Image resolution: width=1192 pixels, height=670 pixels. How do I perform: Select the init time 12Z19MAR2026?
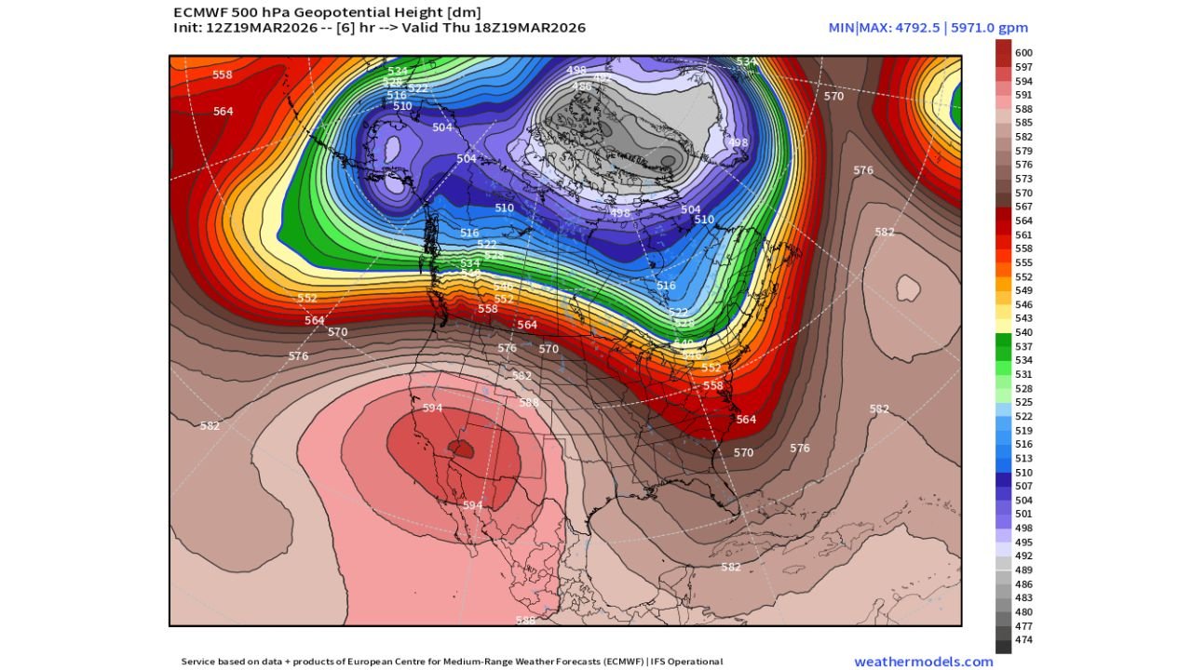click(x=254, y=28)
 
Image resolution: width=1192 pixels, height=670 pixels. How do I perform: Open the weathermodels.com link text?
click(x=923, y=662)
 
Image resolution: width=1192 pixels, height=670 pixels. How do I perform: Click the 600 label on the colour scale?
click(x=1023, y=53)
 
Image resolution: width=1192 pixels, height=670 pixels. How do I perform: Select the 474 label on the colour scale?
click(x=1023, y=640)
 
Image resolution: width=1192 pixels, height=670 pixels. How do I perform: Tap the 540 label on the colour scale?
click(x=1023, y=332)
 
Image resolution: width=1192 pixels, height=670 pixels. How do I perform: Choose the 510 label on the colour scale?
click(x=1023, y=473)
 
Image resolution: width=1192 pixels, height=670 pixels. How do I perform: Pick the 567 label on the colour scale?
click(x=1023, y=207)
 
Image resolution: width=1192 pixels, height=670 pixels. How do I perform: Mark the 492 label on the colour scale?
click(x=1023, y=556)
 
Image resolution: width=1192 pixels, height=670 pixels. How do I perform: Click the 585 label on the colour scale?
click(x=1023, y=123)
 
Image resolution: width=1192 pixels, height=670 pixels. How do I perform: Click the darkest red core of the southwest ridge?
click(x=461, y=449)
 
